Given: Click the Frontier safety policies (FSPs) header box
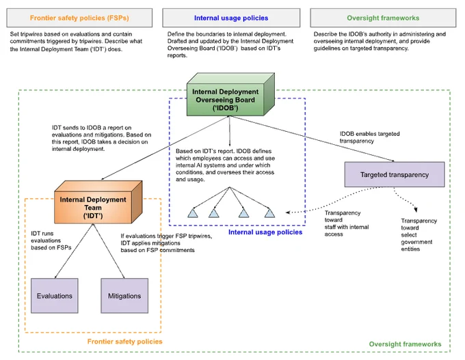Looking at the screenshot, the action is [x=79, y=18].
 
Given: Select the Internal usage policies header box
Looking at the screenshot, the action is [x=231, y=18].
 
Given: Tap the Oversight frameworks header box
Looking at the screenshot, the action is [x=383, y=18].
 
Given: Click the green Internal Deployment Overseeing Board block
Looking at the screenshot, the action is [x=230, y=94].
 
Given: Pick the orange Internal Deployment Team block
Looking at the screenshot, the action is [x=98, y=202].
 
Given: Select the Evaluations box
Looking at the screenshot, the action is [x=55, y=296].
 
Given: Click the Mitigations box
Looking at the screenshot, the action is [x=124, y=296].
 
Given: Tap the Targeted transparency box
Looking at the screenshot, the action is [x=395, y=174].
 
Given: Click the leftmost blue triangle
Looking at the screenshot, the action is [x=193, y=213].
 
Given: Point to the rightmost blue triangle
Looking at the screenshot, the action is [x=269, y=213].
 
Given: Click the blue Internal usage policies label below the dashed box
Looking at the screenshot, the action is [x=265, y=232].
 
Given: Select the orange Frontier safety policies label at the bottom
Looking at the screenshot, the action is [x=125, y=342].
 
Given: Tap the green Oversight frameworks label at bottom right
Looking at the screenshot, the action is [x=405, y=344].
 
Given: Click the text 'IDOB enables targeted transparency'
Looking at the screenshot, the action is [x=369, y=137].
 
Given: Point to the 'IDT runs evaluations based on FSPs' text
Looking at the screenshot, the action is [x=51, y=240].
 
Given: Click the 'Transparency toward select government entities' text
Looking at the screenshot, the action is [x=418, y=235].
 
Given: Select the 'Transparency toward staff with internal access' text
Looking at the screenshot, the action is [x=347, y=223].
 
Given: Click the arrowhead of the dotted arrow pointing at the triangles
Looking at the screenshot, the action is [x=288, y=212].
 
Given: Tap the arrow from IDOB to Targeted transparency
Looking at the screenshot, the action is [x=312, y=139].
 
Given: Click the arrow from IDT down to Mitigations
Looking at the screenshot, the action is [x=109, y=251].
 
